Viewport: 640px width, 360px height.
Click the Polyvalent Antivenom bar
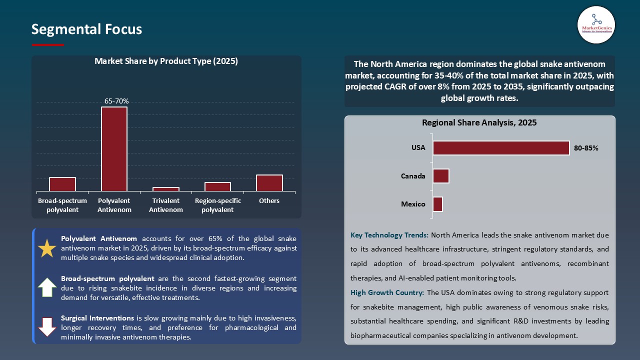[114, 149]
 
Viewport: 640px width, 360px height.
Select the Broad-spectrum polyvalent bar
[62, 184]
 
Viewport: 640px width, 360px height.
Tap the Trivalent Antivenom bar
[166, 189]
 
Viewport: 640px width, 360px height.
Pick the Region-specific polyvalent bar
[217, 186]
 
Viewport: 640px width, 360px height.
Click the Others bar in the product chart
[269, 183]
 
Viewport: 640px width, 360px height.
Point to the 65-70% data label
[116, 101]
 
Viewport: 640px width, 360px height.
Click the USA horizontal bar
[501, 148]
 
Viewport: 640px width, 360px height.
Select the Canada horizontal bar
[441, 176]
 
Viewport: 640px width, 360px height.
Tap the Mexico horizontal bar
[437, 204]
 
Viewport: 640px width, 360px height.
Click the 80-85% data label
[586, 148]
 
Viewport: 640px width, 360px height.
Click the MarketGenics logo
[596, 24]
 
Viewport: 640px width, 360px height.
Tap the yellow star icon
[47, 248]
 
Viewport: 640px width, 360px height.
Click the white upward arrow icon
[47, 287]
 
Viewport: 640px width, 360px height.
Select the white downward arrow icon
[47, 326]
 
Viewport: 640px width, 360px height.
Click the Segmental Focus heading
[86, 29]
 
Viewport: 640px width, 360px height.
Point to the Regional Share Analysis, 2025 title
[479, 122]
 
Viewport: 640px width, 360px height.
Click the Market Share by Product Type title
[166, 61]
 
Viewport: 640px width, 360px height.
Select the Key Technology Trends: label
[389, 234]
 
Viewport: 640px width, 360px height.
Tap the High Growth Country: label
[387, 292]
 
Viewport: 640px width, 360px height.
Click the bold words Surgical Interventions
[97, 318]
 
